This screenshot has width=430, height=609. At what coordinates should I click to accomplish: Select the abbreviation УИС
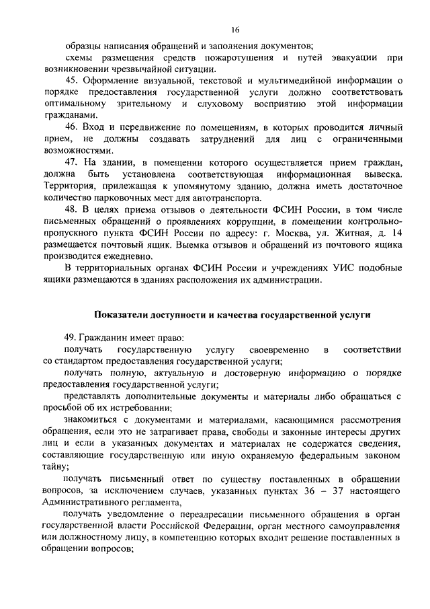[319, 268]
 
